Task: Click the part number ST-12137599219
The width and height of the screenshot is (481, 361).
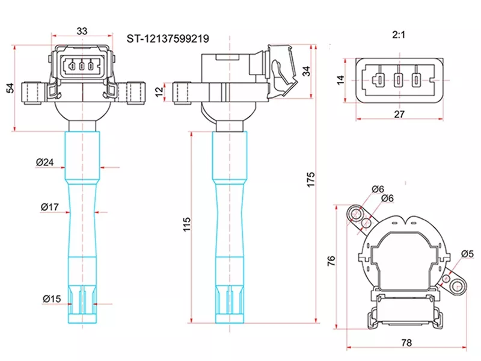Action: coord(168,39)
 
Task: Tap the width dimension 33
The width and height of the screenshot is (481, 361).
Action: coord(82,31)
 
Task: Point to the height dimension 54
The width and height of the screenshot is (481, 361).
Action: coord(10,88)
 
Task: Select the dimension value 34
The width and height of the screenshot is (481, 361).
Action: coord(307,71)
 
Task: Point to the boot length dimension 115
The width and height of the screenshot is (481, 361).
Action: coord(186,225)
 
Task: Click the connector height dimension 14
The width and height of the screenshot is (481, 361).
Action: coord(340,79)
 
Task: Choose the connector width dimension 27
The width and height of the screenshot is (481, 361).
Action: coord(398,113)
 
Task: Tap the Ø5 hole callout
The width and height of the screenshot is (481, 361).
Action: coord(467,254)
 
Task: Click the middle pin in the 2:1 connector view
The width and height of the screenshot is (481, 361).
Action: coord(398,79)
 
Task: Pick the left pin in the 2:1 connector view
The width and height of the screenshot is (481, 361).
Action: coord(378,79)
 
